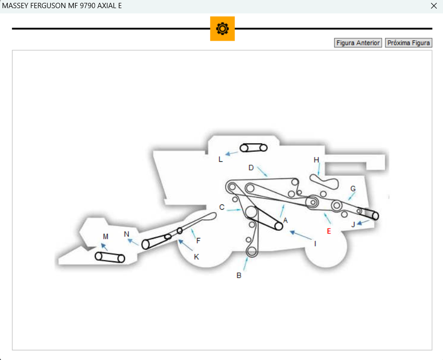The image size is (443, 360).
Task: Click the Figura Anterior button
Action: [358, 43]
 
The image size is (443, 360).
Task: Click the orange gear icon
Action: [222, 29]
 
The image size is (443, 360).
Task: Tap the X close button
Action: [434, 6]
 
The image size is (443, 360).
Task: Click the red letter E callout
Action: [329, 231]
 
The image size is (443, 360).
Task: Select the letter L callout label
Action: [220, 159]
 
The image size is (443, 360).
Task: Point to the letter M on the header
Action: [105, 236]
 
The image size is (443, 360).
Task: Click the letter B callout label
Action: [239, 275]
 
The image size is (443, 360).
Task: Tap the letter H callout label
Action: [316, 160]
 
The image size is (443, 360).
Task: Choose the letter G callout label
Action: [353, 189]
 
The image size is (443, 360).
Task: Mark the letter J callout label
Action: [353, 224]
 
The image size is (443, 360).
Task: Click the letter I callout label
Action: [315, 244]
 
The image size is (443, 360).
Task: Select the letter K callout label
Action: [196, 257]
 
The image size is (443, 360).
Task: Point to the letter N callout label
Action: [126, 234]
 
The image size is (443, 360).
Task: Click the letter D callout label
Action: [251, 168]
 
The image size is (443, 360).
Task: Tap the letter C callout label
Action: [222, 207]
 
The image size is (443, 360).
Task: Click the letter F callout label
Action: [198, 240]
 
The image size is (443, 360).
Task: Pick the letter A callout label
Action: [285, 221]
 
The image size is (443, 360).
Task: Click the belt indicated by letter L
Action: [253, 147]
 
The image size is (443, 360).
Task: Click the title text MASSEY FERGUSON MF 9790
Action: [62, 6]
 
